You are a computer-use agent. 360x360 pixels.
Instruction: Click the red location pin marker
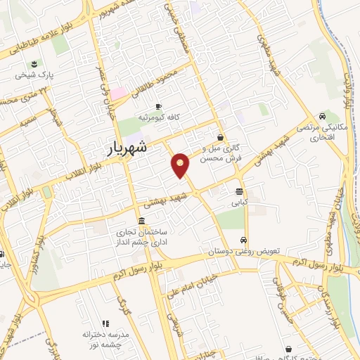coord(181,165)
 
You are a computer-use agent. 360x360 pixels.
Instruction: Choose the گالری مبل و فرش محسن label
coord(221,153)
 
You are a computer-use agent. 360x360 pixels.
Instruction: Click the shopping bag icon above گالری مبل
coord(221,137)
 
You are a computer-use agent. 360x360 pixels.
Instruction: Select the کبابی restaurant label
coord(240,202)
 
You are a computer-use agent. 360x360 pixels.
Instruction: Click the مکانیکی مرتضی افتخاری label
coord(321,131)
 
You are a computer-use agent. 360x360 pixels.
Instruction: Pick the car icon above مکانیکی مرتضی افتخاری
coord(321,116)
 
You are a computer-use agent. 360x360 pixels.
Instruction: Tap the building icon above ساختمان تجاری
coord(142,222)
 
